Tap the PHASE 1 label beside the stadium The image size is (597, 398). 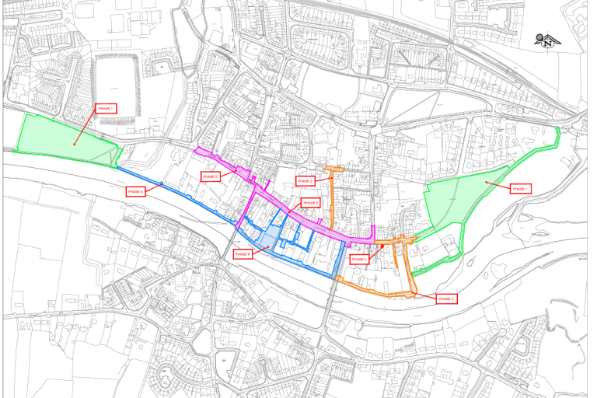pos(105,108)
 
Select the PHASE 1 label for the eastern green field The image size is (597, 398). pos(519,189)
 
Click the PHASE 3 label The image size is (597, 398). pos(358,259)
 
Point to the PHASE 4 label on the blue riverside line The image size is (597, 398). pos(135,190)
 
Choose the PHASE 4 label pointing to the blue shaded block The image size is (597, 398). pos(242,254)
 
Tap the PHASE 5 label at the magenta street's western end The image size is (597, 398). pos(211,176)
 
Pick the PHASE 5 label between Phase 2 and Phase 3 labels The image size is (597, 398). pos(311,203)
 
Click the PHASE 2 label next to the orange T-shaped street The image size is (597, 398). pos(306,181)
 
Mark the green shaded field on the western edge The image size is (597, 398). pos(66,140)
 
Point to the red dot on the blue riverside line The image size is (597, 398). pos(161,183)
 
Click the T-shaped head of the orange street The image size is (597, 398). pos(333,169)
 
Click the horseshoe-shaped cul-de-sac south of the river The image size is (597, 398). pos(166,379)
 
